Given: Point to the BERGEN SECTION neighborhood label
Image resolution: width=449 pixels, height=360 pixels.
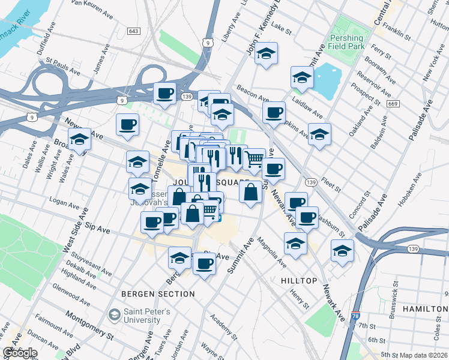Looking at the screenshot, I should [x=158, y=294].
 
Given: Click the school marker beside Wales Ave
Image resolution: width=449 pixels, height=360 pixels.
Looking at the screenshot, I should [x=79, y=140].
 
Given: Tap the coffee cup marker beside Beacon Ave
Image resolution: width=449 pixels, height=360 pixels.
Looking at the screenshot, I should [x=274, y=112].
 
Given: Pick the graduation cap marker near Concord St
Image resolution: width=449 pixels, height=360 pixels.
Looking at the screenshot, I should [x=342, y=250].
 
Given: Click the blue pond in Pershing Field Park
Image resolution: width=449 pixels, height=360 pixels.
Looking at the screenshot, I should [x=327, y=80].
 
